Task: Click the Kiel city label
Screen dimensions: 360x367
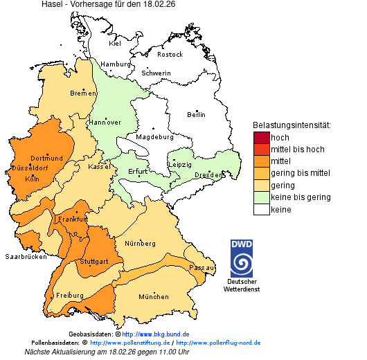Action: tap(115, 44)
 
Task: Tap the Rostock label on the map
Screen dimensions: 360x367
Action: tap(170, 54)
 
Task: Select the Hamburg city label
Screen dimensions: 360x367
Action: tap(115, 64)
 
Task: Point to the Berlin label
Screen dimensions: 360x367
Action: tap(196, 114)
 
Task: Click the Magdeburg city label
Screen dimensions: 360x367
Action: tap(154, 137)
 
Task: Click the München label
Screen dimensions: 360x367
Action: tap(153, 296)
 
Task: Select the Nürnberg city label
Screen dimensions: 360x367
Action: tap(141, 244)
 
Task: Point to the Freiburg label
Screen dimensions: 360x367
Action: tap(69, 295)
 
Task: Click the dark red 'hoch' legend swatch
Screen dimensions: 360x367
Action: tap(261, 138)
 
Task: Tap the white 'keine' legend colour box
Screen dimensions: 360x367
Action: tap(261, 208)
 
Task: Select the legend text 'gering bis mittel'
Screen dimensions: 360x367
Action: tap(300, 173)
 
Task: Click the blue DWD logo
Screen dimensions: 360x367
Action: tap(242, 258)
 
